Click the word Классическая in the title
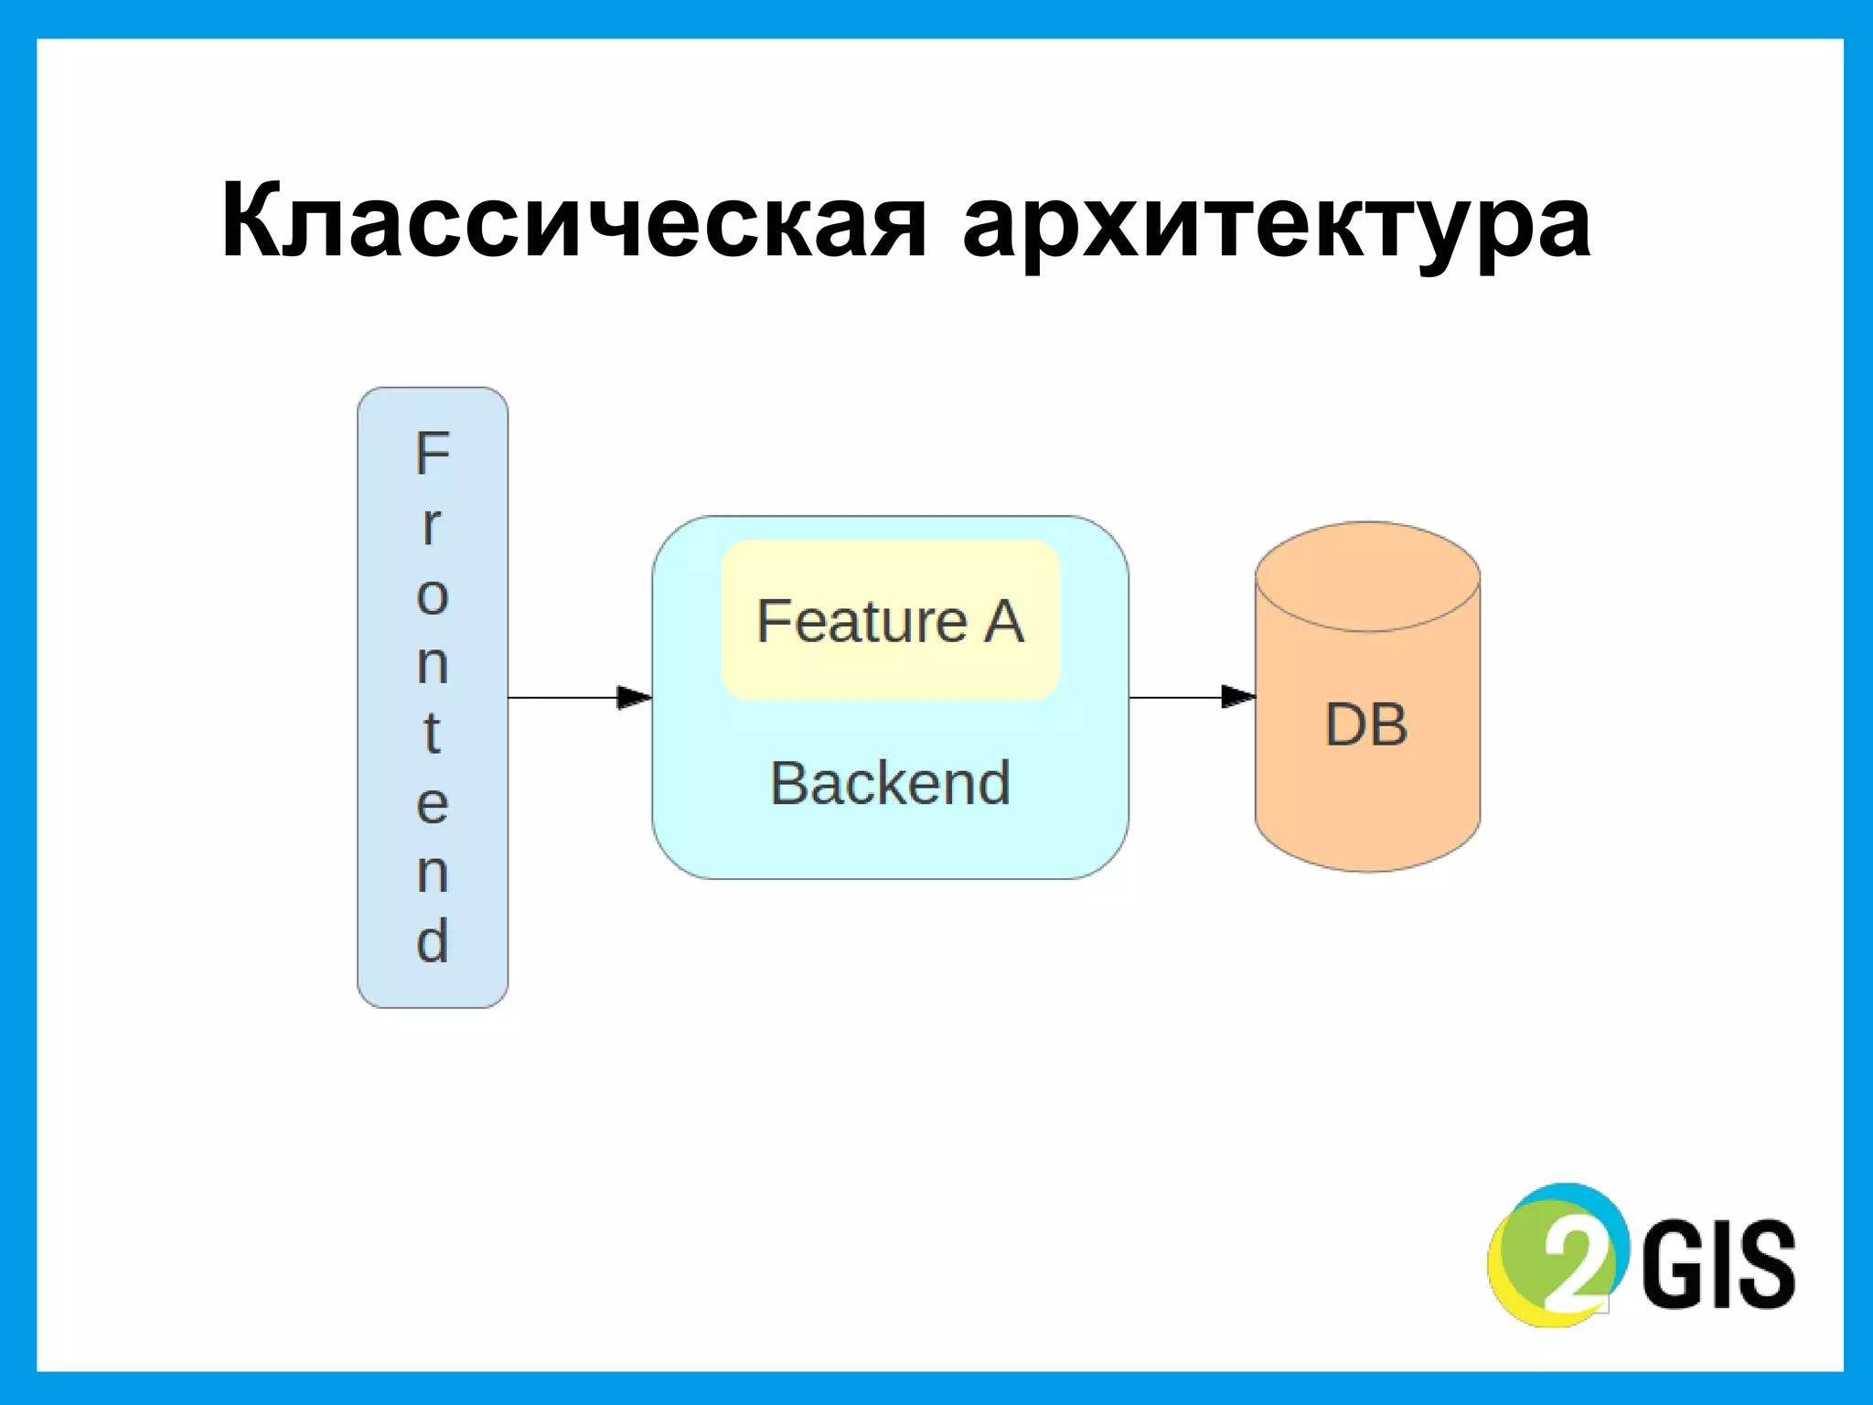click(574, 222)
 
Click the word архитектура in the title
click(1277, 226)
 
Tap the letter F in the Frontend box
click(433, 454)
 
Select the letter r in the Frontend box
click(432, 526)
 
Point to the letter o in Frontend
click(433, 596)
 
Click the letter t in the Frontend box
click(432, 732)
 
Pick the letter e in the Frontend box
click(433, 804)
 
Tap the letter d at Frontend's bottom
click(433, 941)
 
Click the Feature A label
click(890, 622)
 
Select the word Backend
click(890, 784)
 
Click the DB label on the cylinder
click(1366, 725)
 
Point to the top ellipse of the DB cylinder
click(1367, 576)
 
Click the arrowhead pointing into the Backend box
click(635, 698)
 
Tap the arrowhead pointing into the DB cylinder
click(1238, 697)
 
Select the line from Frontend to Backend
click(562, 698)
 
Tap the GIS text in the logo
click(1718, 1265)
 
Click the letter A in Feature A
click(1003, 622)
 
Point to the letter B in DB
click(1388, 725)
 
